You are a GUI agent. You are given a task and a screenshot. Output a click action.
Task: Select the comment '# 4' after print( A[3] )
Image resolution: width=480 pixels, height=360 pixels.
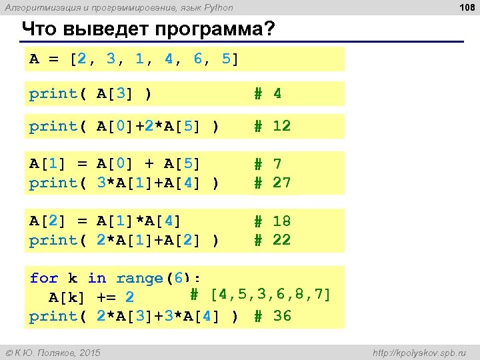(268, 94)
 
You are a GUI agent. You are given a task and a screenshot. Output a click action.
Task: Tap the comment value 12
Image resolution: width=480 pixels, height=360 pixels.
(281, 126)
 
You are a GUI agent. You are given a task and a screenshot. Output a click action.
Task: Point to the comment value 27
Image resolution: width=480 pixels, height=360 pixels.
(281, 183)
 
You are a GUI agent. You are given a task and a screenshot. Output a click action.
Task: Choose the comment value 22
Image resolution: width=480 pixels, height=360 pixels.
(281, 240)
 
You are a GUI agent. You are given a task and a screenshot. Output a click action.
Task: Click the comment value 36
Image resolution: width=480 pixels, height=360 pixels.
(282, 316)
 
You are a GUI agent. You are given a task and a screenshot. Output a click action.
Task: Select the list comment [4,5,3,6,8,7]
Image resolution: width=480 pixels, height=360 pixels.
(270, 294)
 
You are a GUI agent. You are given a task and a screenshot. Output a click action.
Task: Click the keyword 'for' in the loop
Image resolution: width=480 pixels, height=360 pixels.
(44, 278)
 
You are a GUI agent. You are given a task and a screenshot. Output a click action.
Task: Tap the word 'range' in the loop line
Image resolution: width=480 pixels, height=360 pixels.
(140, 278)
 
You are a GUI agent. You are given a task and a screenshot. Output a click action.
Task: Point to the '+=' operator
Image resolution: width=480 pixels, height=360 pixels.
(106, 297)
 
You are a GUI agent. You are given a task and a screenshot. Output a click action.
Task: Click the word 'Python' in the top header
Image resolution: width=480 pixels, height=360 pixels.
(219, 8)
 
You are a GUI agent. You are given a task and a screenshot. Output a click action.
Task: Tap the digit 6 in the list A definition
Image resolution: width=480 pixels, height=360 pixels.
(198, 59)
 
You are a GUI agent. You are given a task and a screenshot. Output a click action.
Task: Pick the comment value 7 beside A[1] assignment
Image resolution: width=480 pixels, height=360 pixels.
(277, 164)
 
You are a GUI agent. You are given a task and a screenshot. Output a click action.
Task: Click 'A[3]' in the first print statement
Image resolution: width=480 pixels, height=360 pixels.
(115, 94)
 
